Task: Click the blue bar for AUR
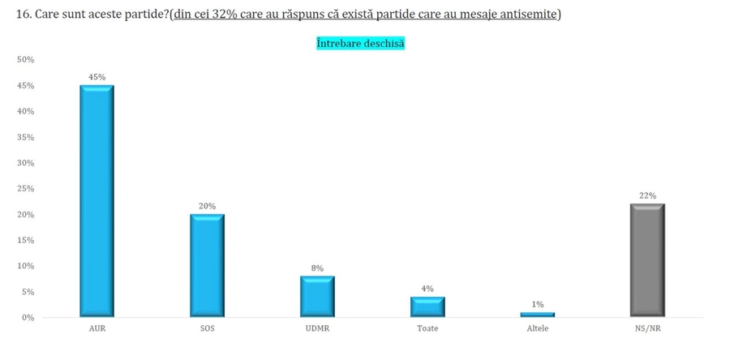pos(97,201)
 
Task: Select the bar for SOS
pos(207,265)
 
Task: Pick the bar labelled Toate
pos(427,306)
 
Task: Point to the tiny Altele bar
pos(538,315)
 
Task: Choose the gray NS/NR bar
pos(647,260)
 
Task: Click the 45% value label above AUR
pos(97,78)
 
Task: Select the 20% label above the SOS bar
pos(207,206)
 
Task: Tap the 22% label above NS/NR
pos(647,195)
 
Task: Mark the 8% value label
pos(317,268)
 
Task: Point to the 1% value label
pos(538,304)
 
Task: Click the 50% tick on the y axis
pos(25,60)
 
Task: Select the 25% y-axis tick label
pos(25,189)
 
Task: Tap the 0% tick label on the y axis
pos(28,318)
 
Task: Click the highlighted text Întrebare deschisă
pos(360,44)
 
